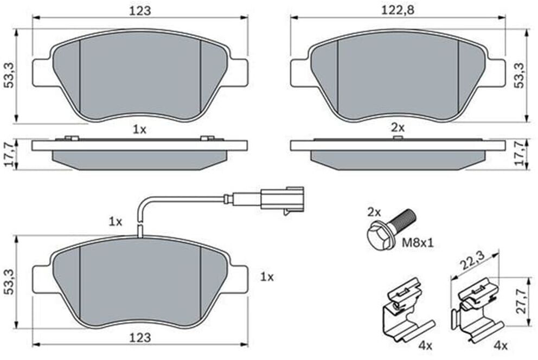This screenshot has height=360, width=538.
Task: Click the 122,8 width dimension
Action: tap(398, 10)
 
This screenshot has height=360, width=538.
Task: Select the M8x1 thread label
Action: tap(418, 243)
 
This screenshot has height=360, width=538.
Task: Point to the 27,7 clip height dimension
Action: tap(521, 300)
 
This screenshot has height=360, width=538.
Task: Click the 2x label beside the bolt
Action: tap(374, 212)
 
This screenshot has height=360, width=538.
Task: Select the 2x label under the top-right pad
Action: tap(398, 128)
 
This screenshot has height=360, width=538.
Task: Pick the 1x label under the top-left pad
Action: tap(139, 130)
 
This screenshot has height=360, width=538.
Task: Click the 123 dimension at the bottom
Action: tap(140, 337)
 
